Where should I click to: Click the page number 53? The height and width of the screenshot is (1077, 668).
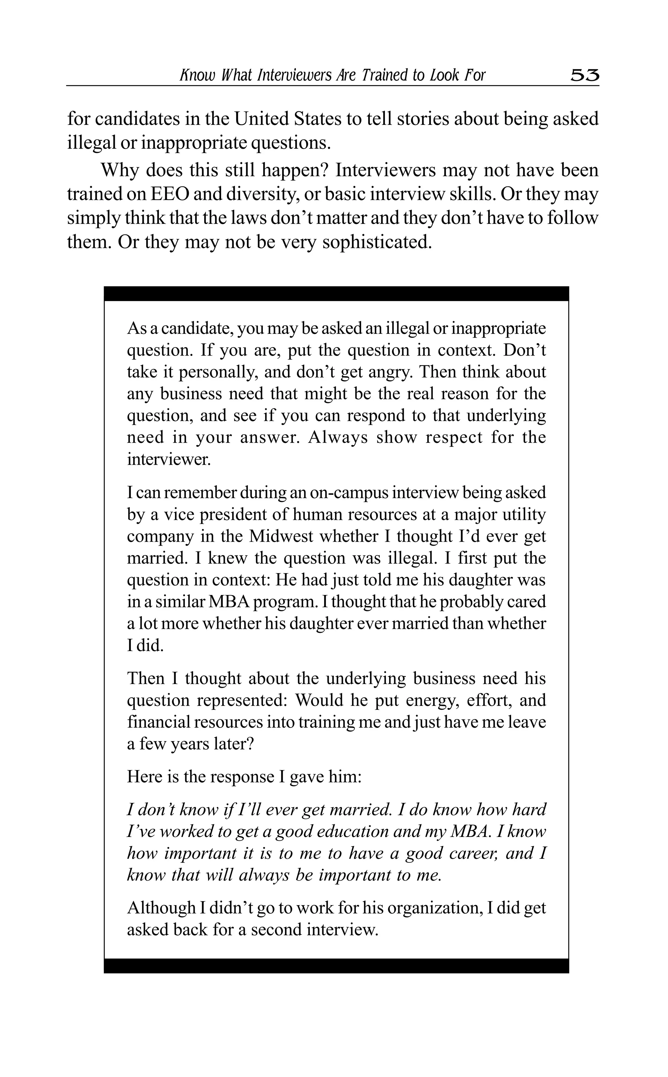tap(584, 76)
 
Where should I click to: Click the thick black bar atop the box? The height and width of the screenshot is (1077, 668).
tap(336, 294)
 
